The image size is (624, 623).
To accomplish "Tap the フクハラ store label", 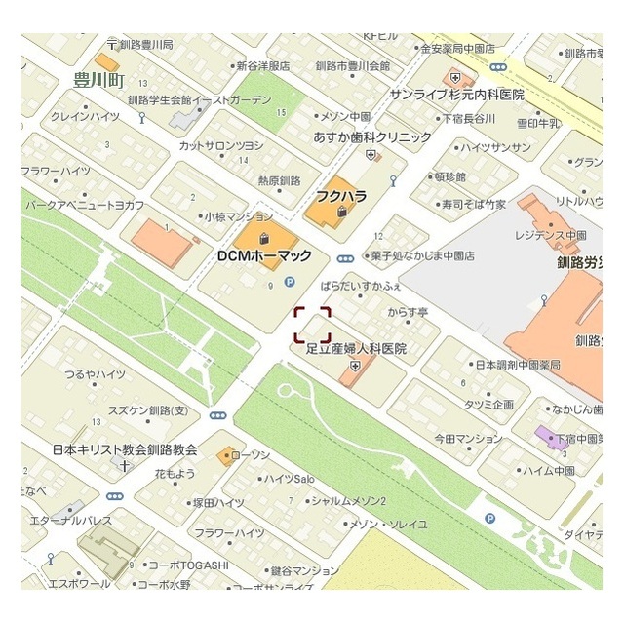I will pyautogui.click(x=340, y=196).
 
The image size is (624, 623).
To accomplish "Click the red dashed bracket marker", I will pyautogui.click(x=313, y=325).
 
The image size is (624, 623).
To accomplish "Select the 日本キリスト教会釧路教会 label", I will pyautogui.click(x=124, y=450).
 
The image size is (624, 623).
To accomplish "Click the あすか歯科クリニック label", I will pyautogui.click(x=371, y=137).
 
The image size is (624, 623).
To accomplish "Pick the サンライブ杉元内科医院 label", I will pyautogui.click(x=455, y=95).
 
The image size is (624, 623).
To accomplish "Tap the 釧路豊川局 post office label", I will pyautogui.click(x=144, y=45).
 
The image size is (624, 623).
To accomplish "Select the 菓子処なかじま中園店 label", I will pyautogui.click(x=421, y=256).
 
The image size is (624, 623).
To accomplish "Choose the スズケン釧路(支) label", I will pyautogui.click(x=147, y=410).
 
